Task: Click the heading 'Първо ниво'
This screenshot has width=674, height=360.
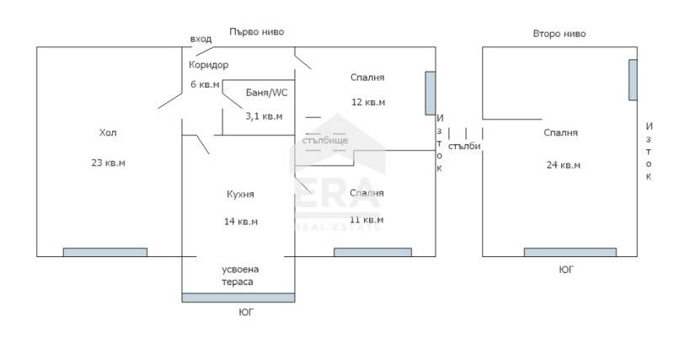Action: (257, 32)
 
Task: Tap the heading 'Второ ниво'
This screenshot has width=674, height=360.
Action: (559, 34)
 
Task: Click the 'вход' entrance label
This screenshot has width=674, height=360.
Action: (201, 39)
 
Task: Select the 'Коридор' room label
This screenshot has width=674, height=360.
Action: (208, 65)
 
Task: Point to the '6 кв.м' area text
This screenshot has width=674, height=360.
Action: (205, 84)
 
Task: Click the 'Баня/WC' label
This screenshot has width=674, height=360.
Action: (266, 93)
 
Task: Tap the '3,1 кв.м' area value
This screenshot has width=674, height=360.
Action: (264, 116)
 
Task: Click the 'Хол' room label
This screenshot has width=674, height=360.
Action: (108, 132)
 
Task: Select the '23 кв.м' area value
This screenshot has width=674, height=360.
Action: (109, 163)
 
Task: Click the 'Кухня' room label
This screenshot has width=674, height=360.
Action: (240, 195)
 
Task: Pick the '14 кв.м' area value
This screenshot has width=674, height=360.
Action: (241, 222)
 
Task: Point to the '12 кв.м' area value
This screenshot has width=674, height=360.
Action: (368, 102)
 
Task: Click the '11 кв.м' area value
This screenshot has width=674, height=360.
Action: (366, 220)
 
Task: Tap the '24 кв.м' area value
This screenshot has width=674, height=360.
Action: (563, 165)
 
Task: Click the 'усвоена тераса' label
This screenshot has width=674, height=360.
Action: (240, 276)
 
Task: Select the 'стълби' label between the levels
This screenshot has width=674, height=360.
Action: (464, 146)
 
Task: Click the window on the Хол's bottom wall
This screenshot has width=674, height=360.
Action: (105, 252)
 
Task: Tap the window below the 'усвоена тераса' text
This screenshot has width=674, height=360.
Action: (238, 298)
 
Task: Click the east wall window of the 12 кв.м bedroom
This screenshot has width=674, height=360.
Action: (431, 94)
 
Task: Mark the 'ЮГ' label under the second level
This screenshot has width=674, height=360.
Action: (566, 270)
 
